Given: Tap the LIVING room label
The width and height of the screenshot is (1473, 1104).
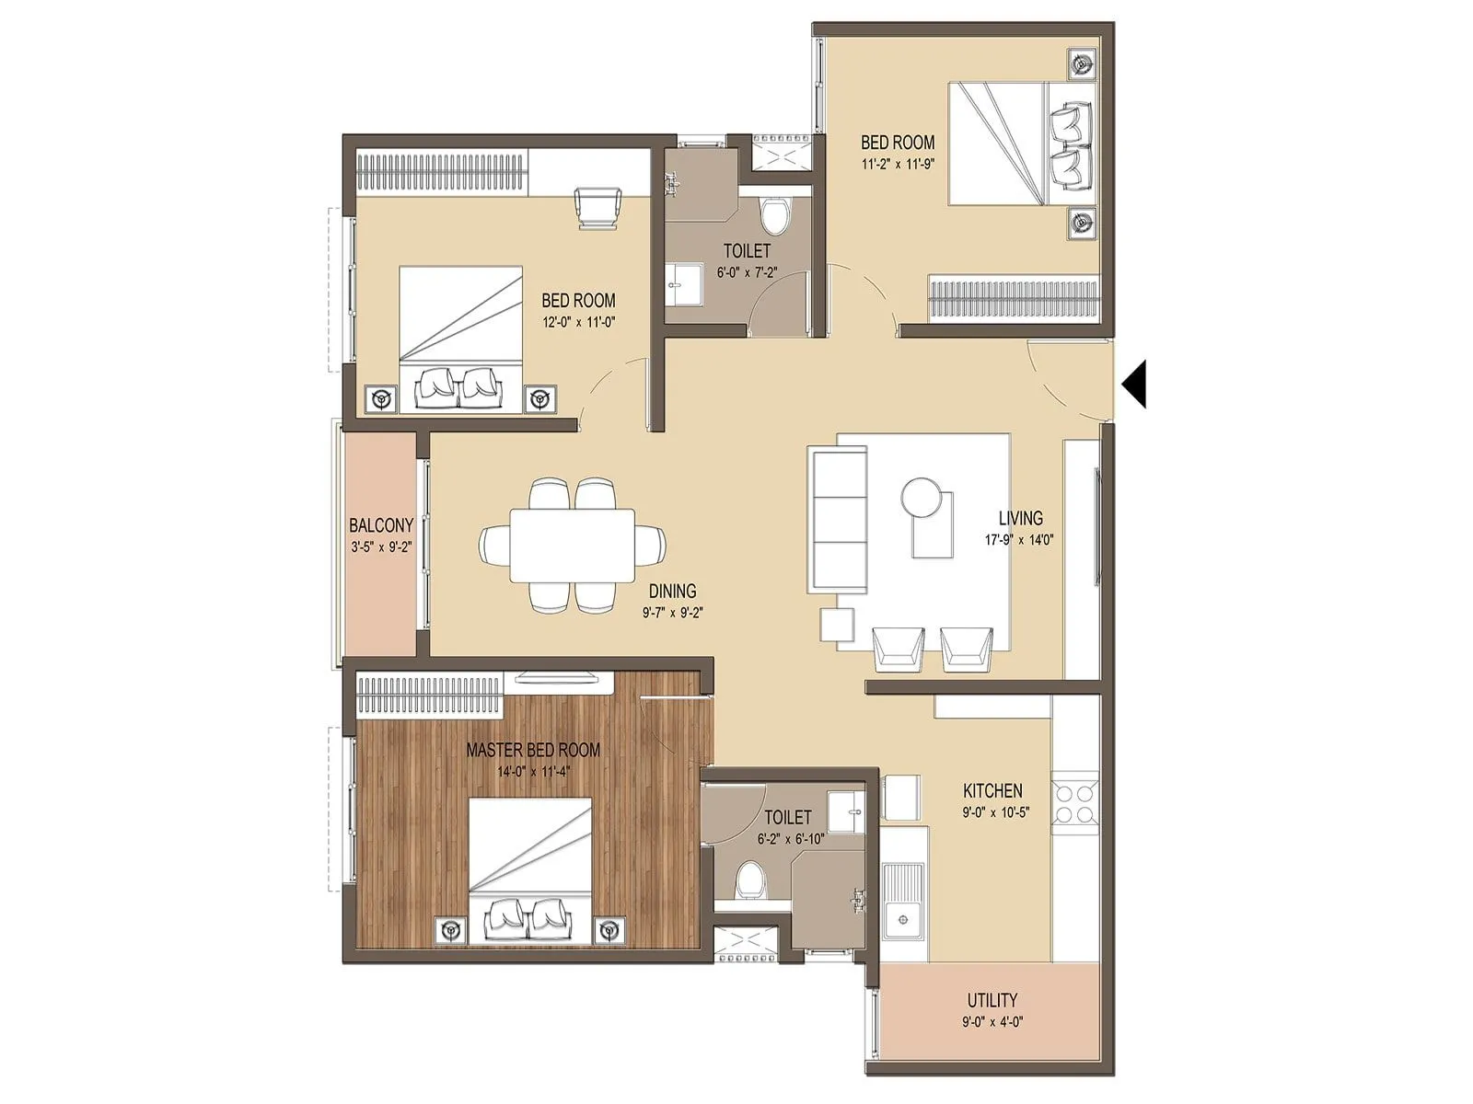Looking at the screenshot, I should (1020, 518).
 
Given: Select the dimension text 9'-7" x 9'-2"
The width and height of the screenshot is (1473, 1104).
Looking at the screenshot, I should (672, 612).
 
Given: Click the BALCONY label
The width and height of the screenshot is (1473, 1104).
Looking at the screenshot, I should (380, 525).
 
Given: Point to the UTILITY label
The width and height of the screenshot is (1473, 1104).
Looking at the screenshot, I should (992, 1000).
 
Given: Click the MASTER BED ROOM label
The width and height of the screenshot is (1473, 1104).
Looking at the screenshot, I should (532, 750).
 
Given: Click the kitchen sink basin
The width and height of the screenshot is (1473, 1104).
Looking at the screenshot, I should (904, 921).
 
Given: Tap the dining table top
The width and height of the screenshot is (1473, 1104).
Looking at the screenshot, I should (572, 544).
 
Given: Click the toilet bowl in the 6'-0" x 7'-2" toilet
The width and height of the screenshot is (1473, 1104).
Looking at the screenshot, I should (775, 215).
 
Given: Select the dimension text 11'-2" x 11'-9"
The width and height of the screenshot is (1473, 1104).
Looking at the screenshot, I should (897, 167).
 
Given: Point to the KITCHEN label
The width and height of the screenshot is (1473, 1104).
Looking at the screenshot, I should (992, 790).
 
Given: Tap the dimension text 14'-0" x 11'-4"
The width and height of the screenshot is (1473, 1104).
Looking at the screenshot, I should (532, 772).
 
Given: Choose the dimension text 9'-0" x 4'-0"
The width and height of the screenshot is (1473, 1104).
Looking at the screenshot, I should (992, 1021).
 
